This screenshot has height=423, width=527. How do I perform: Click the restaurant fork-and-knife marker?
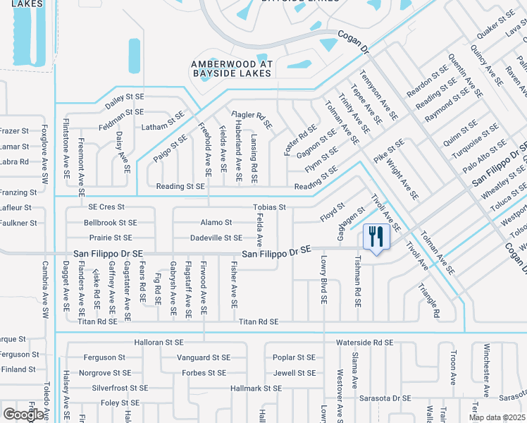(x=375, y=236)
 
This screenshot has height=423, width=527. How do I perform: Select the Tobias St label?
(x=269, y=207)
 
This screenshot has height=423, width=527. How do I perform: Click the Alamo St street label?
(x=216, y=222)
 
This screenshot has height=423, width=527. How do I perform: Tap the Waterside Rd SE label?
(x=364, y=343)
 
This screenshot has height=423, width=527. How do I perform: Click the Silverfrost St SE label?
(x=120, y=388)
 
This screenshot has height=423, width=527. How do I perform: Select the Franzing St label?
(x=18, y=192)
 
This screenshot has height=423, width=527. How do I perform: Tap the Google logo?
(x=23, y=415)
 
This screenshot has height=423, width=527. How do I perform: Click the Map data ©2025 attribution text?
(x=497, y=417)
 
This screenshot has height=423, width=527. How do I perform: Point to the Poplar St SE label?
(x=294, y=357)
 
